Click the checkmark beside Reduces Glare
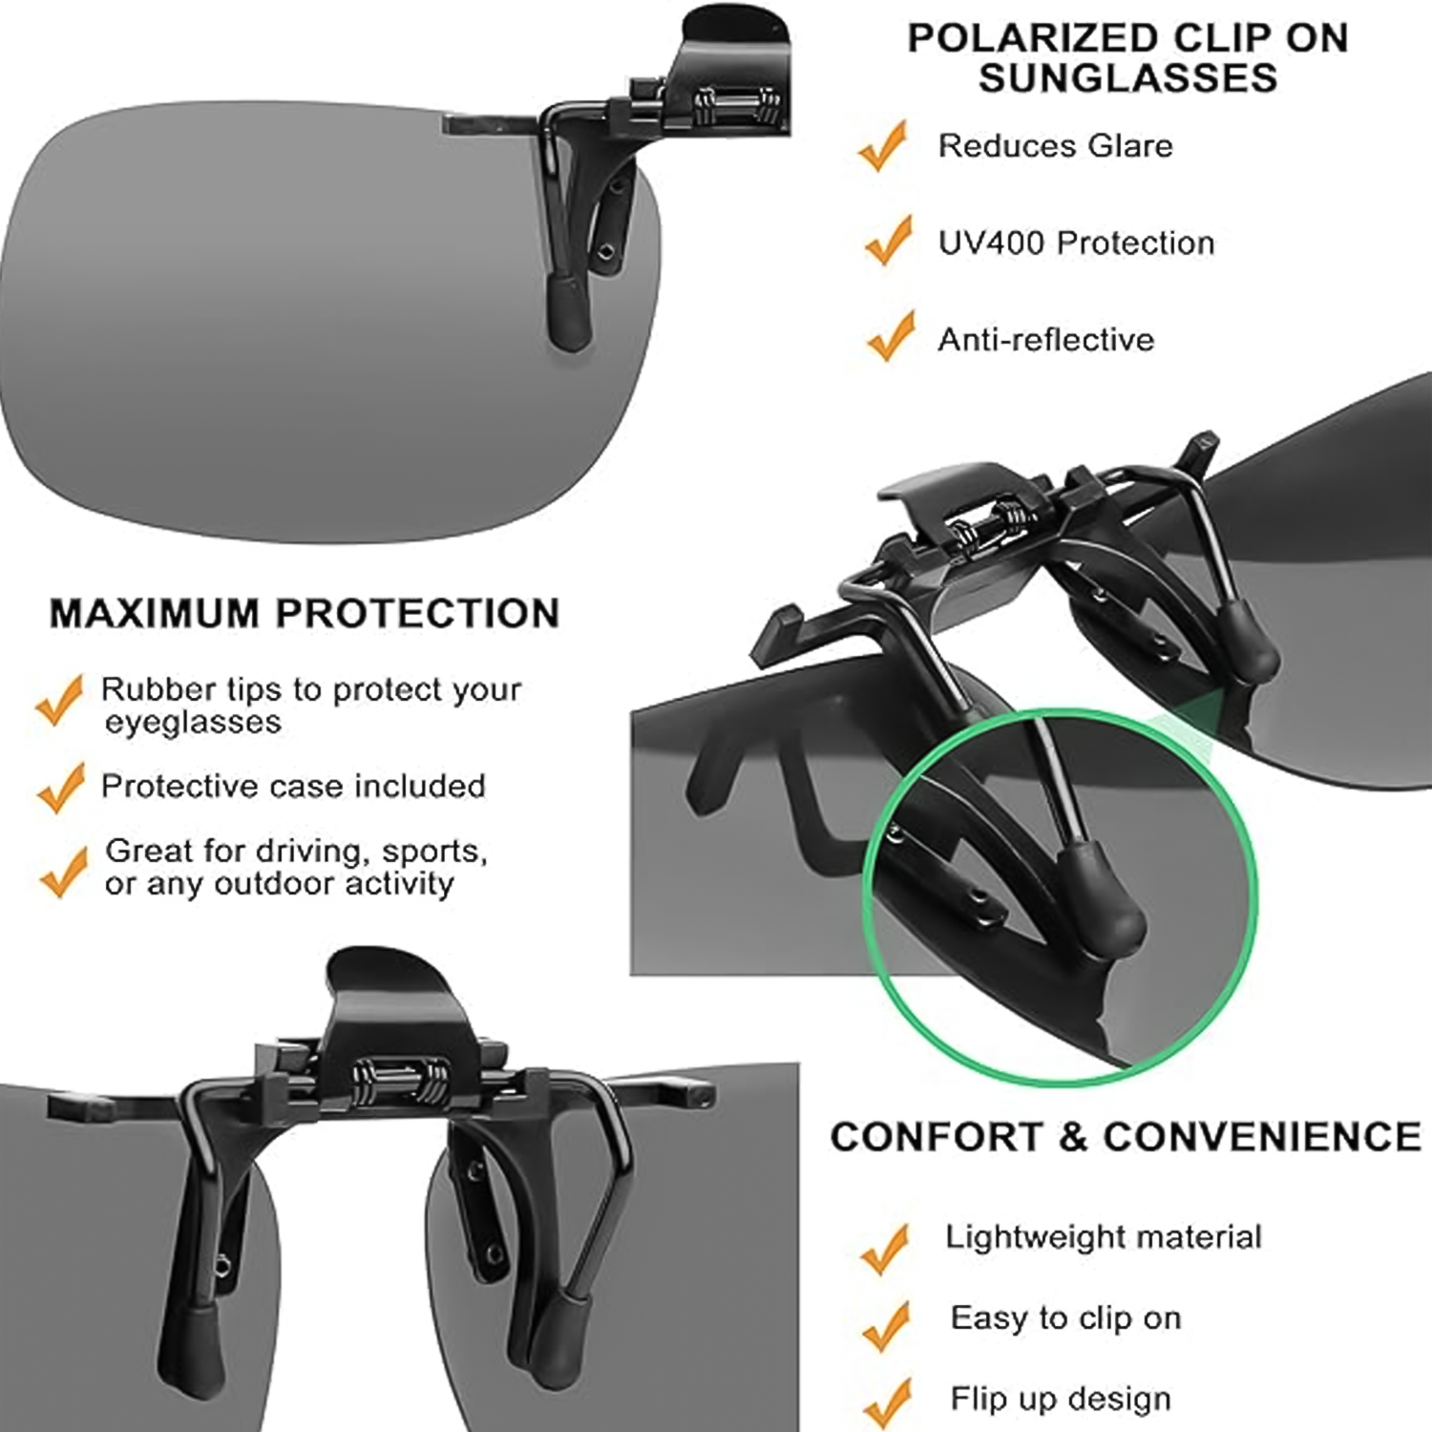click(x=883, y=148)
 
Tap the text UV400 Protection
click(x=1076, y=243)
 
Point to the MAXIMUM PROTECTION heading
click(x=305, y=613)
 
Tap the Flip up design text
click(x=1060, y=1399)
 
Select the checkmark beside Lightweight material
click(x=885, y=1248)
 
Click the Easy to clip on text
click(x=1065, y=1318)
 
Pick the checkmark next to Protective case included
click(x=61, y=788)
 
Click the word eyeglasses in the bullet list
click(x=193, y=723)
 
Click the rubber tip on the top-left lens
click(x=569, y=313)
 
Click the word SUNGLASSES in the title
click(x=1127, y=78)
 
